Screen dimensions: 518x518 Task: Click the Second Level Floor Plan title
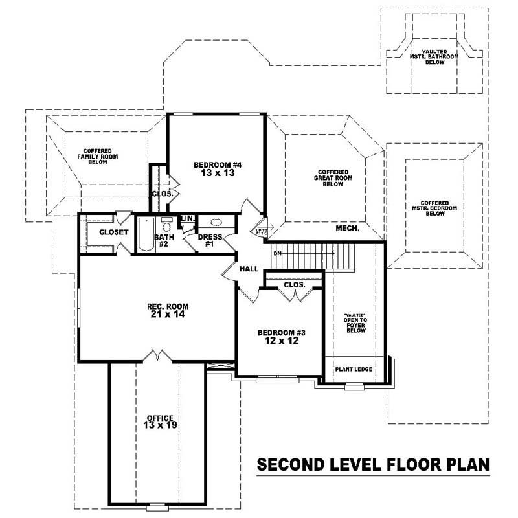[x=373, y=465]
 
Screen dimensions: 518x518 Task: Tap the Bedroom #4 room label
[x=218, y=170]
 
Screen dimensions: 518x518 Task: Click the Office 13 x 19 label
[x=160, y=422]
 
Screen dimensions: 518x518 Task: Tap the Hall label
[x=249, y=269]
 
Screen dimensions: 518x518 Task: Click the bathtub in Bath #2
[x=145, y=234]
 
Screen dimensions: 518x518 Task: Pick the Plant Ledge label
[x=353, y=370]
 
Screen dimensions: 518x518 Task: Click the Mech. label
[x=348, y=229]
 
